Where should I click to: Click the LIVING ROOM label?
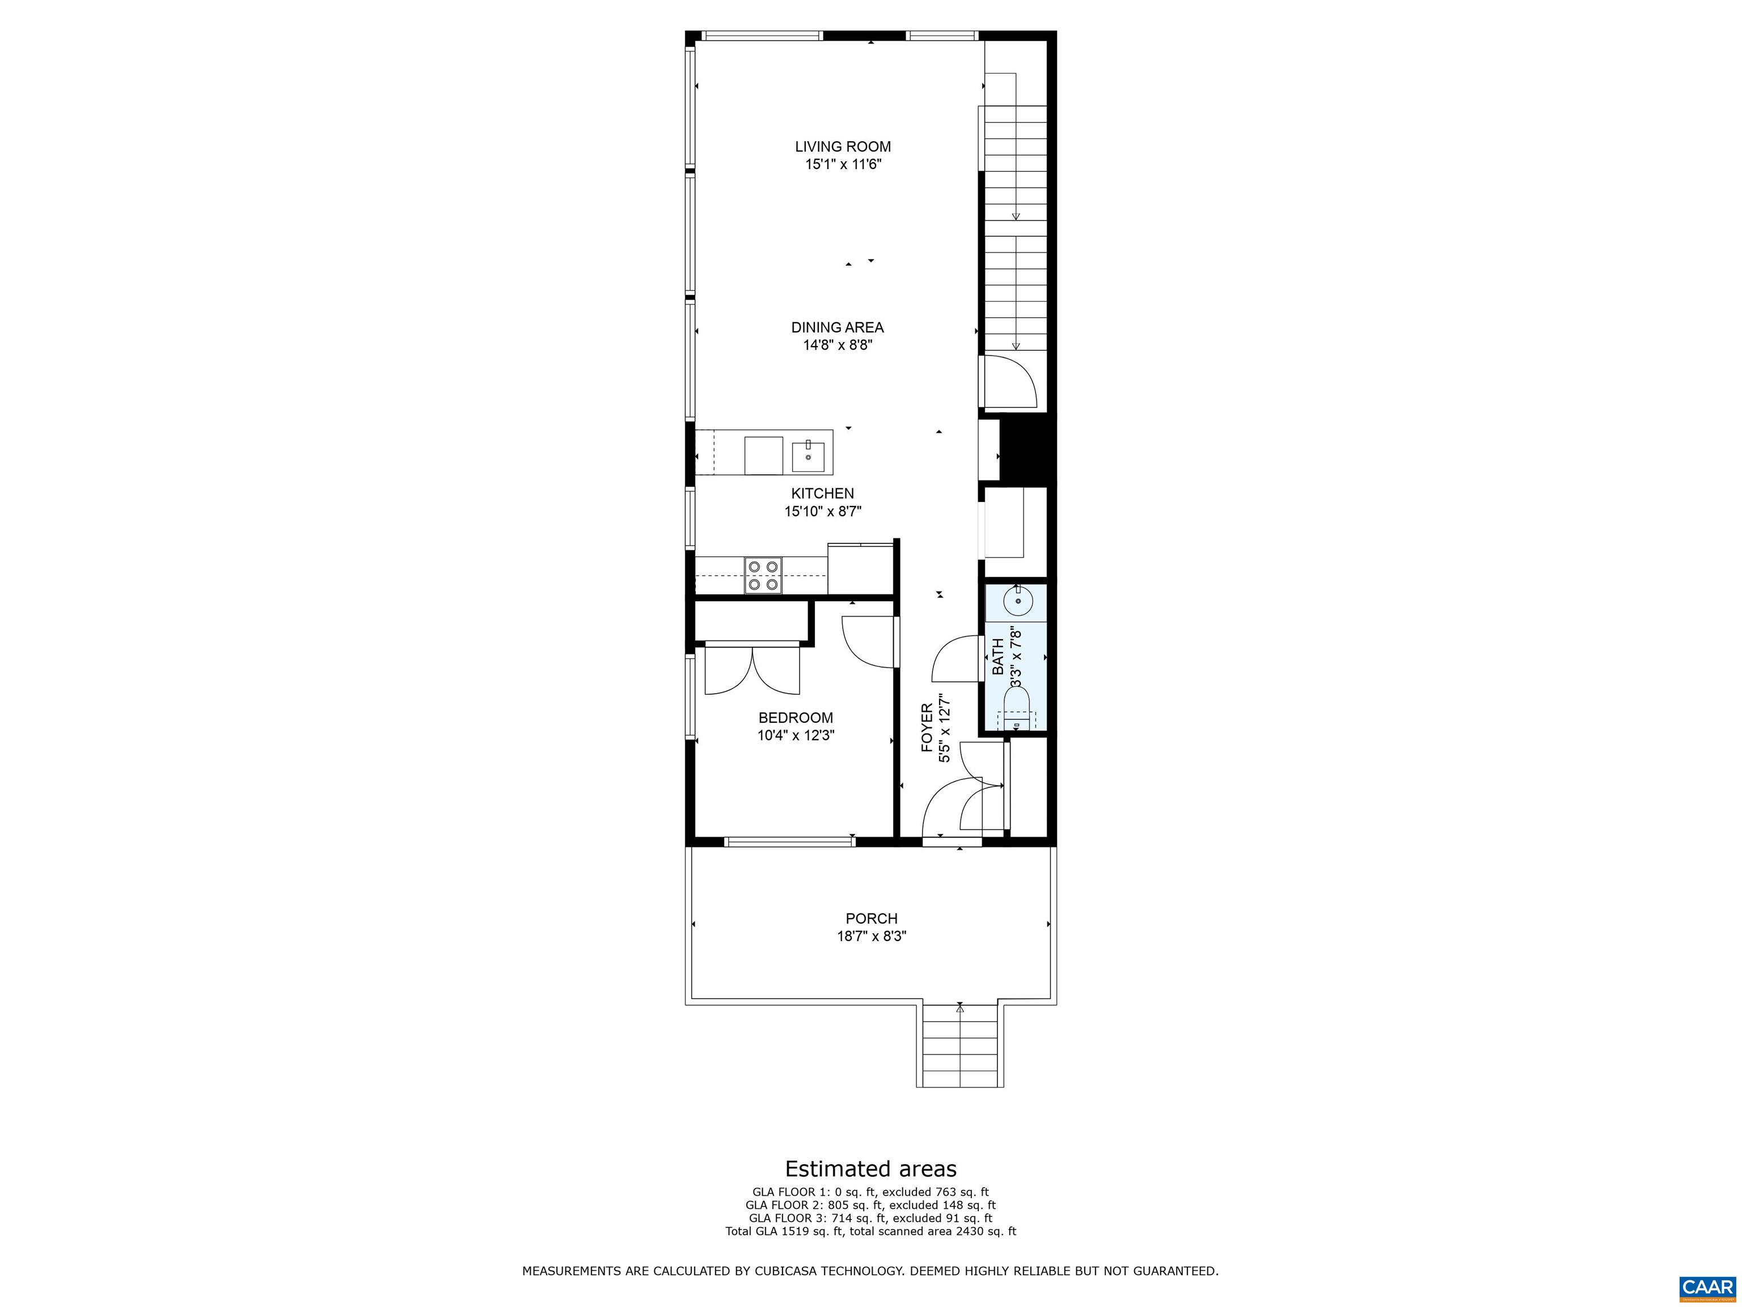pyautogui.click(x=843, y=146)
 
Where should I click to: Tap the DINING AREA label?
pyautogui.click(x=837, y=328)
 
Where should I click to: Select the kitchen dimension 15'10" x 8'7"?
pyautogui.click(x=823, y=511)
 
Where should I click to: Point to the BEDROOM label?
pyautogui.click(x=796, y=718)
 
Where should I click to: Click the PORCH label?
pyautogui.click(x=871, y=918)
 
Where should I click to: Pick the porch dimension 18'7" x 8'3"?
pyautogui.click(x=871, y=937)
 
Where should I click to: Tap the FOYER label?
pyautogui.click(x=928, y=727)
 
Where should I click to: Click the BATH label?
pyautogui.click(x=998, y=656)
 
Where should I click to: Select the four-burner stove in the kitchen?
pyautogui.click(x=212, y=575)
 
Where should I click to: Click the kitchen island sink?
pyautogui.click(x=808, y=457)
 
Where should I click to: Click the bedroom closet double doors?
pyautogui.click(x=752, y=671)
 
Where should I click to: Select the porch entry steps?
pyautogui.click(x=959, y=1045)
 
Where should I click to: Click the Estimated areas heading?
pyautogui.click(x=871, y=1169)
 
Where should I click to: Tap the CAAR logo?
pyautogui.click(x=1707, y=1288)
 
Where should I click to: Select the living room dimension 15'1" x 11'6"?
pyautogui.click(x=843, y=165)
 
